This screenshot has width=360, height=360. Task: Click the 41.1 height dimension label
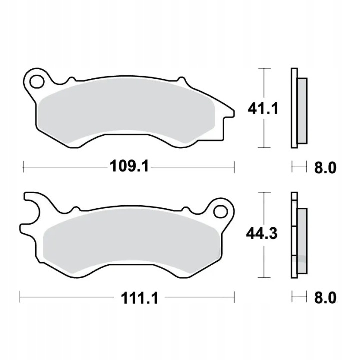(x=263, y=108)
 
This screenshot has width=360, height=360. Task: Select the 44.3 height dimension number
(x=262, y=233)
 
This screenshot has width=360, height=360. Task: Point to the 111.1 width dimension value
(x=139, y=298)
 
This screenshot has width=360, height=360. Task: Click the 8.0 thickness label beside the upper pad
(x=325, y=168)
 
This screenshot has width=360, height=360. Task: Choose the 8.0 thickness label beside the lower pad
(x=325, y=298)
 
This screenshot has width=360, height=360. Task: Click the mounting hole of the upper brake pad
(x=37, y=81)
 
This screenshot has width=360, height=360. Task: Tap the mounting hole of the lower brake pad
(x=220, y=211)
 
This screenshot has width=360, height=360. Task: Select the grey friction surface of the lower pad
(x=132, y=243)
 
